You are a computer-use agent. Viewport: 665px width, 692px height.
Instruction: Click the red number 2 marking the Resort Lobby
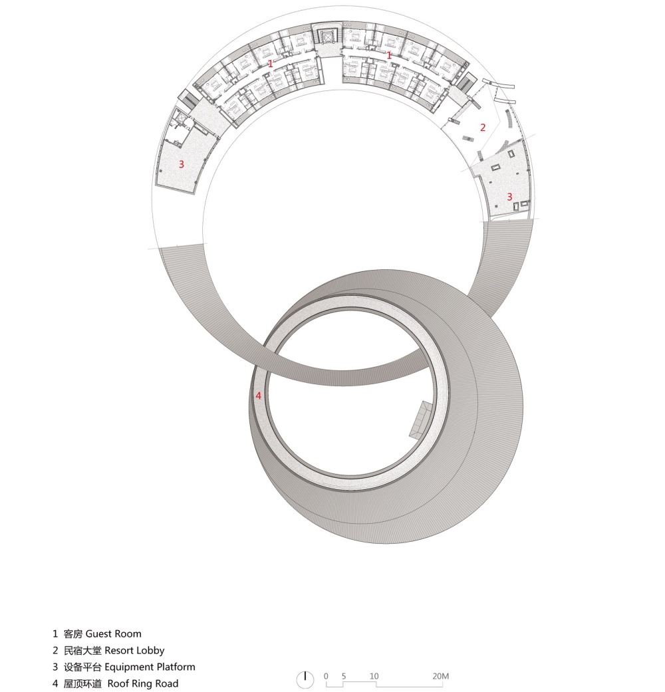(483, 127)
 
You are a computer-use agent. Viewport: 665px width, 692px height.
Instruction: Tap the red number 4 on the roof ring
(258, 396)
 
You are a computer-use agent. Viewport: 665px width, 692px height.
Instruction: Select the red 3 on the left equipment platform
(181, 164)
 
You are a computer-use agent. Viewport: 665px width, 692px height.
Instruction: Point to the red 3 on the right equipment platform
(509, 196)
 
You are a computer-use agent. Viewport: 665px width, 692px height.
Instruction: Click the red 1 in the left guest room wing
(271, 64)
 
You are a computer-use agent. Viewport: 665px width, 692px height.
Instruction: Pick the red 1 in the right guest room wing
(389, 55)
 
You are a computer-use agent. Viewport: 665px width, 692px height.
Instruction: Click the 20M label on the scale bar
(441, 675)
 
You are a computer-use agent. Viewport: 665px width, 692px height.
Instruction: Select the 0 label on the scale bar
(326, 675)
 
